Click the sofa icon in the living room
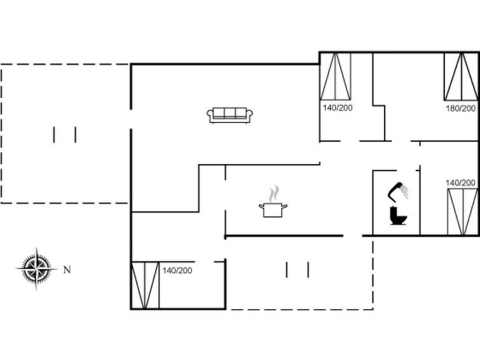click(230, 115)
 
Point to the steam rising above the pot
click(274, 193)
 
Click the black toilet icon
click(398, 216)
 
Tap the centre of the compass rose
click(37, 268)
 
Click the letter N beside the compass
click(67, 270)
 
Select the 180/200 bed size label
click(461, 109)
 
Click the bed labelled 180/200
click(461, 76)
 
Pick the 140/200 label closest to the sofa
click(338, 108)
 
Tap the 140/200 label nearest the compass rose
click(177, 270)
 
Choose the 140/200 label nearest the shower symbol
click(460, 183)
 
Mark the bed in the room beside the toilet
click(463, 212)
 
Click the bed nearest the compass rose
click(146, 285)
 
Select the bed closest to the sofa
click(335, 76)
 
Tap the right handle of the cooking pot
click(285, 206)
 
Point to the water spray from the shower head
click(405, 191)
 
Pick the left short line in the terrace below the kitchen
click(287, 270)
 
